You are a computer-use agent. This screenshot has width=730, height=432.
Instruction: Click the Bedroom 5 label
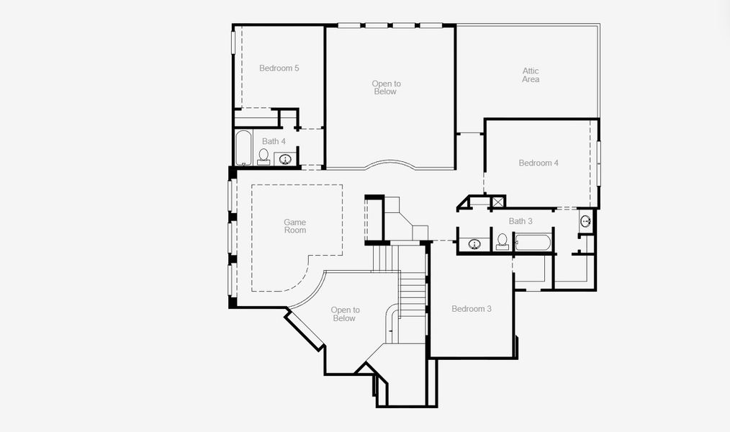tap(279, 68)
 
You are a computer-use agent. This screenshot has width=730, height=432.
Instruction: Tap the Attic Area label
tap(531, 75)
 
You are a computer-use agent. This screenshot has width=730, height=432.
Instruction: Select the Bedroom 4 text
tap(539, 163)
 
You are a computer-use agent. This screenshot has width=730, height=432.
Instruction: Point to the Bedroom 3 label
tap(472, 309)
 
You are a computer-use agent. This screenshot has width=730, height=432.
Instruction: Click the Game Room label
tap(294, 225)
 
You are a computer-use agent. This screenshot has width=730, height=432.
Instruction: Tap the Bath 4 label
tap(274, 141)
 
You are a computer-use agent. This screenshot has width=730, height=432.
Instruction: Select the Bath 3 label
tap(521, 221)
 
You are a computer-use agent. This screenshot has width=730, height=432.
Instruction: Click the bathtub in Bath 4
tap(243, 148)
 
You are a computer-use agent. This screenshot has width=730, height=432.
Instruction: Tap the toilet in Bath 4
tap(263, 156)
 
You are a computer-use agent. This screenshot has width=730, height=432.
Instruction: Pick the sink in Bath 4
tap(285, 159)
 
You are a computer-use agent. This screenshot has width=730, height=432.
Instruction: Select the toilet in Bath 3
tap(503, 241)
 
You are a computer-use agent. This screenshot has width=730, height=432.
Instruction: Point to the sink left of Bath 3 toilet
tap(474, 244)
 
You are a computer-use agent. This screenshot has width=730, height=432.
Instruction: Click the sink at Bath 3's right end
tap(586, 221)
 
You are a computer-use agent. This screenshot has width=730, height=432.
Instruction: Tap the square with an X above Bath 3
tap(497, 202)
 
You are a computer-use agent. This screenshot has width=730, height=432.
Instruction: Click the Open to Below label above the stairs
tap(345, 314)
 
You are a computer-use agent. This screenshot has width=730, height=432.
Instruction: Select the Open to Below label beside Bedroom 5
tap(385, 88)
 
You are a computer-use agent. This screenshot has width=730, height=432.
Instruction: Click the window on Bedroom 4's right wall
tap(598, 163)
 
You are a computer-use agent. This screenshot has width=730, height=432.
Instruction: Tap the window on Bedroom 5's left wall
tap(233, 41)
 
